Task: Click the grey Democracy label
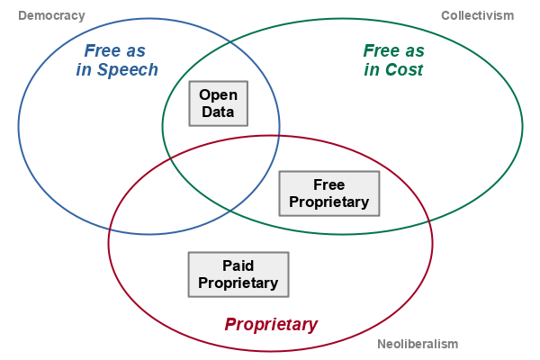click(51, 15)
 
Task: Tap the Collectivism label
click(477, 15)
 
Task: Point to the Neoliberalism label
click(418, 344)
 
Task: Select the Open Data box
click(217, 103)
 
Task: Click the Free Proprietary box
click(328, 193)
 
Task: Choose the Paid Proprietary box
click(238, 274)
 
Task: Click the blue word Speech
click(130, 70)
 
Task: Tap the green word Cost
click(405, 70)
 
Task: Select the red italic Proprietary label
click(271, 324)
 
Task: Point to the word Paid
click(238, 265)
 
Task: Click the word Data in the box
click(217, 112)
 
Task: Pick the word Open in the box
click(217, 94)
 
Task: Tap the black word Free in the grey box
click(328, 184)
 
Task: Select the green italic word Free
click(382, 50)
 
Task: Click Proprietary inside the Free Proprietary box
click(328, 202)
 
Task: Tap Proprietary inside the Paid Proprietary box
click(238, 283)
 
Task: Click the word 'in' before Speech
click(85, 70)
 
